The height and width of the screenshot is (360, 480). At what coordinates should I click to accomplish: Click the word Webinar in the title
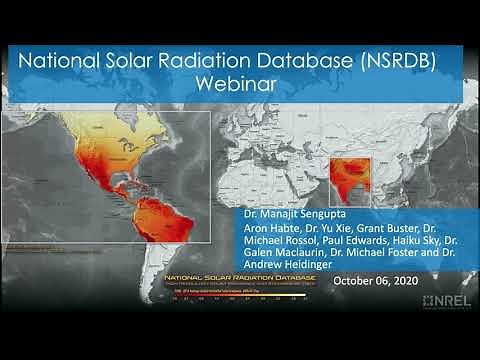click(x=239, y=85)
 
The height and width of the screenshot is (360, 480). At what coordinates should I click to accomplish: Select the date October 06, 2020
click(x=377, y=280)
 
